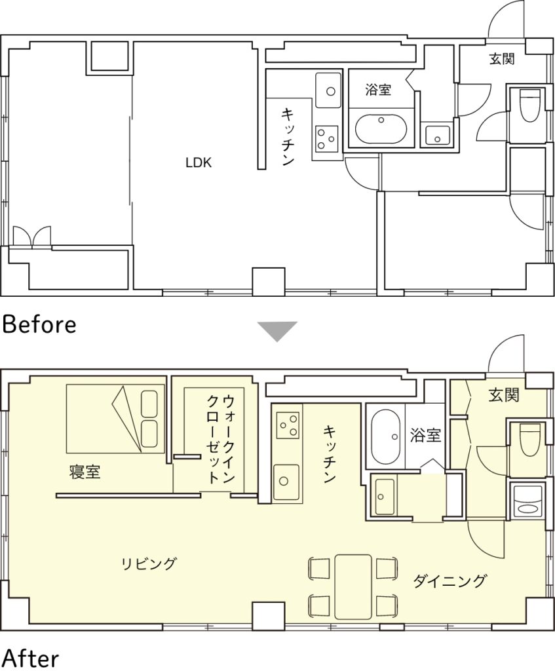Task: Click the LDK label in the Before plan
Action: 199,163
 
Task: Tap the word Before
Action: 39,324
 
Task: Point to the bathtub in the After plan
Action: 387,436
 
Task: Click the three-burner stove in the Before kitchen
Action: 327,138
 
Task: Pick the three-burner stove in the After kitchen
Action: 288,425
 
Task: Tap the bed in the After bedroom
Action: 115,418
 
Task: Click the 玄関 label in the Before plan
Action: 502,58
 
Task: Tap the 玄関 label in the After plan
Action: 504,395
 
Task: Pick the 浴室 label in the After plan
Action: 425,435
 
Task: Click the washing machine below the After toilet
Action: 527,501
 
